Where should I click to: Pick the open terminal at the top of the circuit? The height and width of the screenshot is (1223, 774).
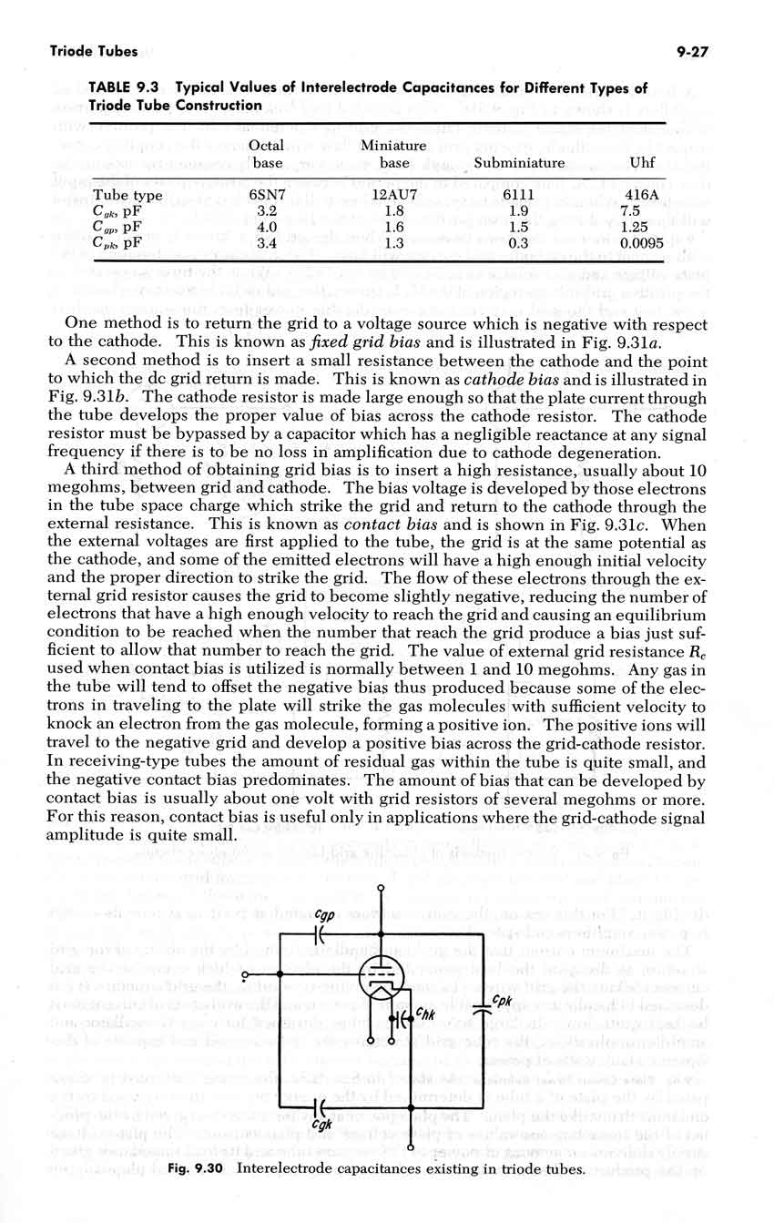[381, 887]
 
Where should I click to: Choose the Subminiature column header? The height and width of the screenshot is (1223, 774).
[519, 164]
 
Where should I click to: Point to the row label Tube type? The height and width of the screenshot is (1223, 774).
[127, 196]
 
